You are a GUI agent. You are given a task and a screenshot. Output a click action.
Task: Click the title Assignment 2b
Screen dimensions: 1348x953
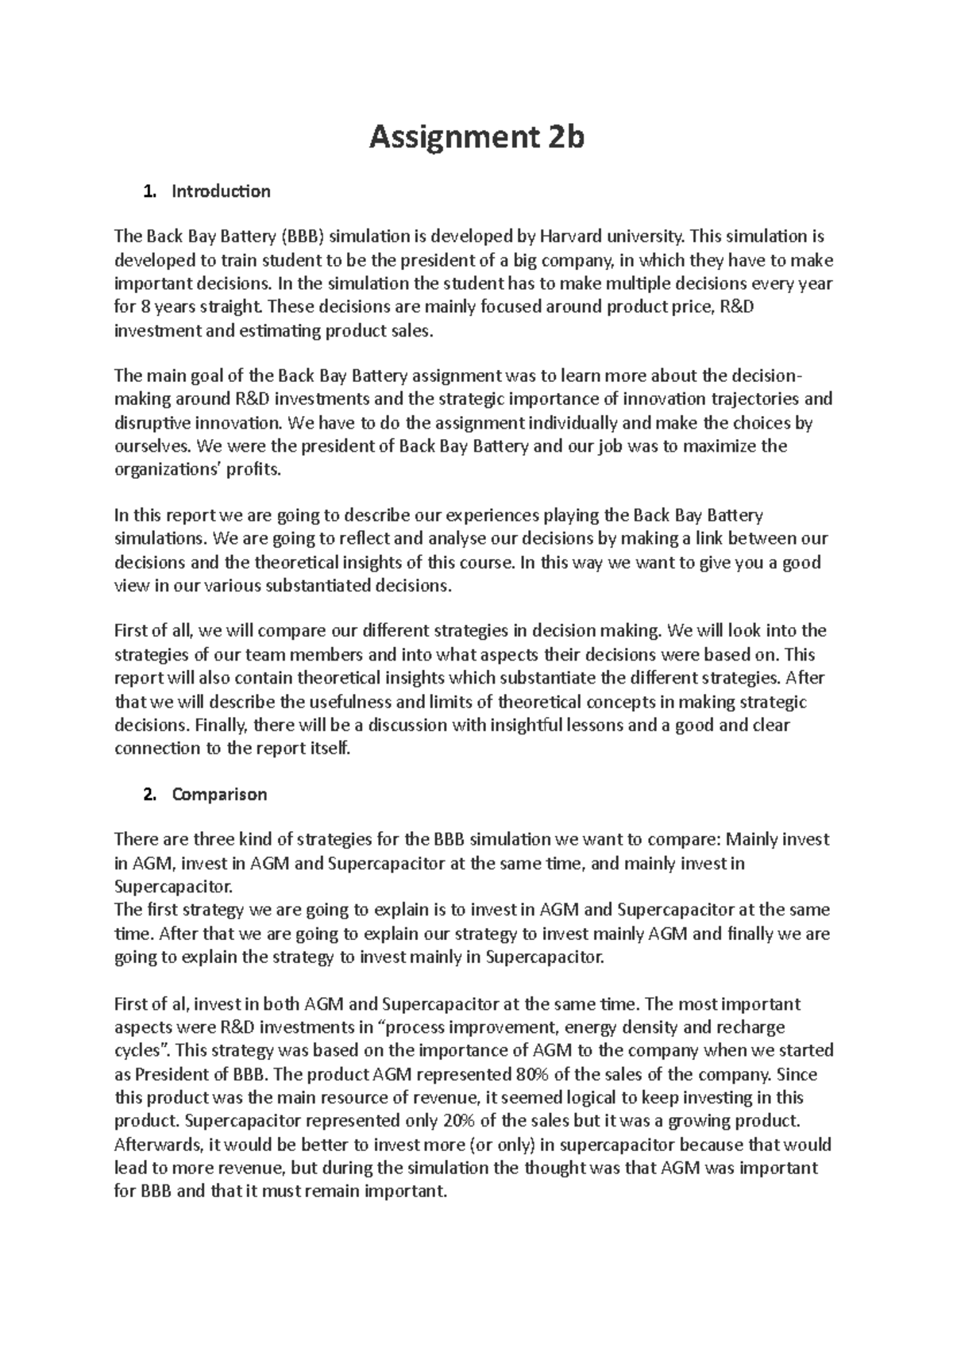tap(476, 138)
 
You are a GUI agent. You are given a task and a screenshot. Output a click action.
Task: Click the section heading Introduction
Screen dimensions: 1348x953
tap(221, 191)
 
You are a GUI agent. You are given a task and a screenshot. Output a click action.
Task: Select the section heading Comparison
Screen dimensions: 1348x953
tap(219, 795)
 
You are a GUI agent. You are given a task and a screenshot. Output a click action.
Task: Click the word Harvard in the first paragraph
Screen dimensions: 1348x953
tap(571, 237)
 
